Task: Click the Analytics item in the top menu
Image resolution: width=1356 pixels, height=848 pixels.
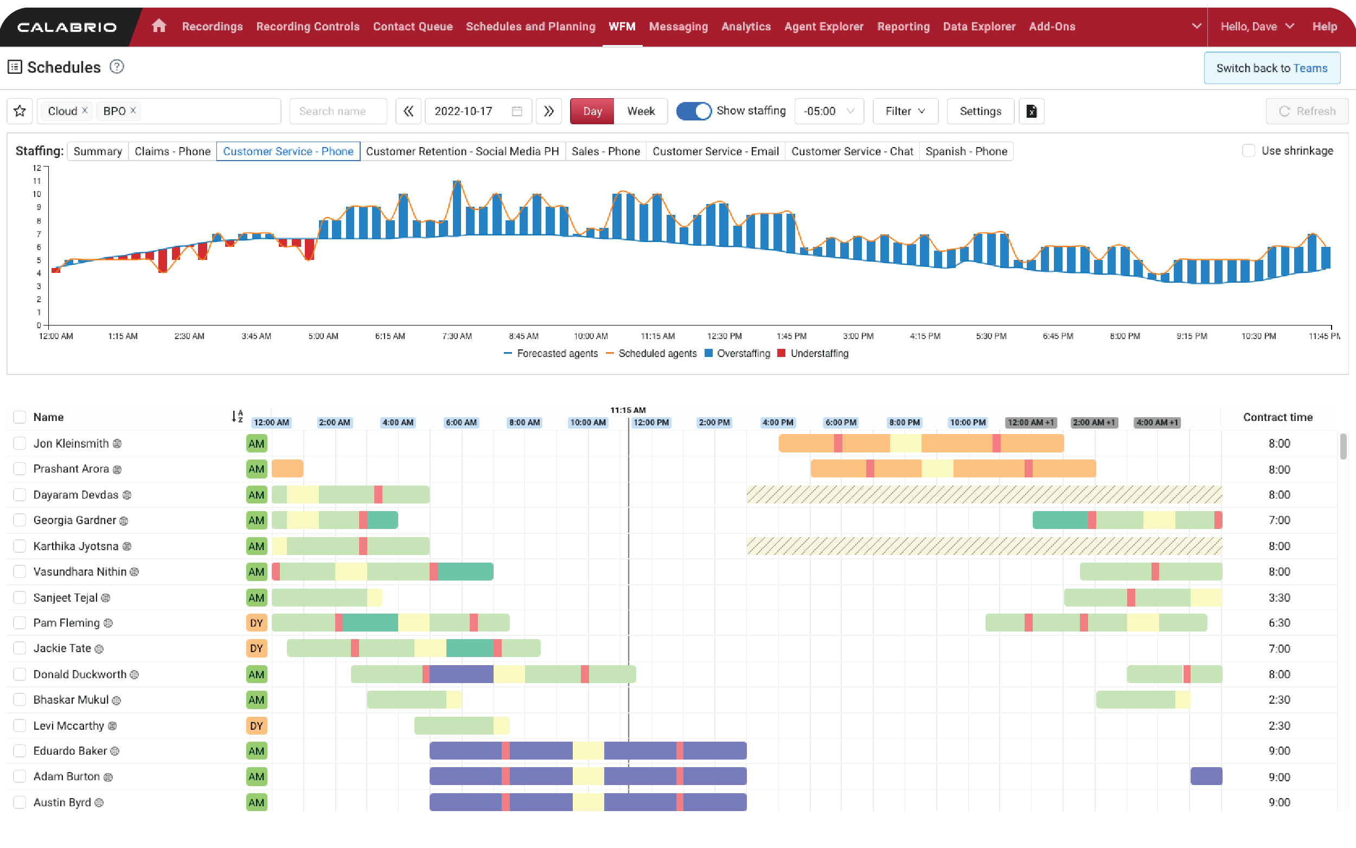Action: click(746, 27)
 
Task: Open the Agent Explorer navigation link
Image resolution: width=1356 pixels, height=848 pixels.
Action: click(823, 27)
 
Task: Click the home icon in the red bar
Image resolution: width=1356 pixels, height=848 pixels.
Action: click(158, 26)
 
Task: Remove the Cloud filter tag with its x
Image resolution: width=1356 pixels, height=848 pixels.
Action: click(85, 111)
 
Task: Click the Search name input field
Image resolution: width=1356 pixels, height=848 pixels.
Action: click(338, 111)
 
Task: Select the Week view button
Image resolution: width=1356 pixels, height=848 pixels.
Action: click(640, 111)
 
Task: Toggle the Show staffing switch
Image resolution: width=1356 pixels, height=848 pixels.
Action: click(693, 111)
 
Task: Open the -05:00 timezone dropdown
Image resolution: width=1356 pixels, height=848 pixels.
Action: click(828, 111)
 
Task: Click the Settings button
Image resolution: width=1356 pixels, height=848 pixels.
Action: click(980, 111)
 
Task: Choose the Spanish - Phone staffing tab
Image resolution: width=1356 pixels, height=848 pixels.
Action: click(966, 151)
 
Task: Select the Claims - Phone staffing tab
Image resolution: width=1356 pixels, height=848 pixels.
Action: click(172, 151)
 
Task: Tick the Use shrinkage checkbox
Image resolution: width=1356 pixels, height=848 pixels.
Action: click(1248, 151)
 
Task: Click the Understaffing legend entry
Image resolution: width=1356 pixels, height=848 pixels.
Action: click(819, 353)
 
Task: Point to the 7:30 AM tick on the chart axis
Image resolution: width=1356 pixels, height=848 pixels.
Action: click(457, 336)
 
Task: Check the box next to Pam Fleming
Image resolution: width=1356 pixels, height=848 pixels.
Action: click(20, 622)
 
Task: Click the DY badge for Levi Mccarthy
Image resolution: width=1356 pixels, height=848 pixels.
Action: click(256, 726)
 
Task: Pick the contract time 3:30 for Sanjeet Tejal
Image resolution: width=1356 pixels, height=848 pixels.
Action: click(1278, 597)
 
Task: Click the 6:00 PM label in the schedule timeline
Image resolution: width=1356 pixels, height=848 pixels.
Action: click(840, 422)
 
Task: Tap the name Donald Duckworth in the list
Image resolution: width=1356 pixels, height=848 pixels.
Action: click(80, 674)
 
